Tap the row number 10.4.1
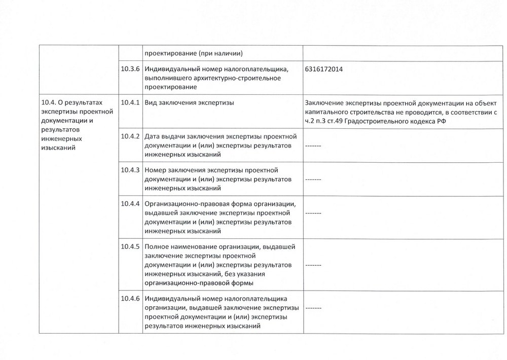[x=131, y=103]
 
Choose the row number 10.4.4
[x=131, y=204]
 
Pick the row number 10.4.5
[x=131, y=246]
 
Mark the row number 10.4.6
[x=131, y=298]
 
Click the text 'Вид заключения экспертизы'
[x=189, y=103]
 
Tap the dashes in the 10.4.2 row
[x=313, y=146]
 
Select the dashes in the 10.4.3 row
[x=313, y=179]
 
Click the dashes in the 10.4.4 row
[x=313, y=213]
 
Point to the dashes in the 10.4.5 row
[x=313, y=265]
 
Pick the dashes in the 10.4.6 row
[x=313, y=308]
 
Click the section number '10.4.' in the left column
[x=48, y=103]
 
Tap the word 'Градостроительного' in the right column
[x=381, y=121]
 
